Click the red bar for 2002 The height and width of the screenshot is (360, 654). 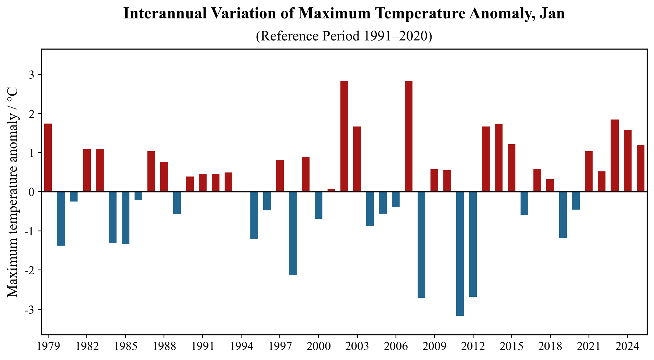coord(344,136)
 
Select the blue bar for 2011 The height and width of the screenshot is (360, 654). coord(460,254)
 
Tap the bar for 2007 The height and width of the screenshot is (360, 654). coord(408,136)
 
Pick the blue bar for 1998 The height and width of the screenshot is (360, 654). coord(293,233)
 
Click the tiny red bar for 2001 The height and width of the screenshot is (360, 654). coord(331,190)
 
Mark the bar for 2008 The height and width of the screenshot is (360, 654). coord(421,245)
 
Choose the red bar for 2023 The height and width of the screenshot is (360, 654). coord(614,156)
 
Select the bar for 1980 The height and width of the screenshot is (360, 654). coord(61,218)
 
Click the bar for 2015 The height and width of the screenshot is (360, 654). coord(511,168)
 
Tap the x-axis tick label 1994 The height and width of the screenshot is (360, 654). coord(241,347)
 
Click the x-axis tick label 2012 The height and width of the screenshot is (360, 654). coord(473,347)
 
